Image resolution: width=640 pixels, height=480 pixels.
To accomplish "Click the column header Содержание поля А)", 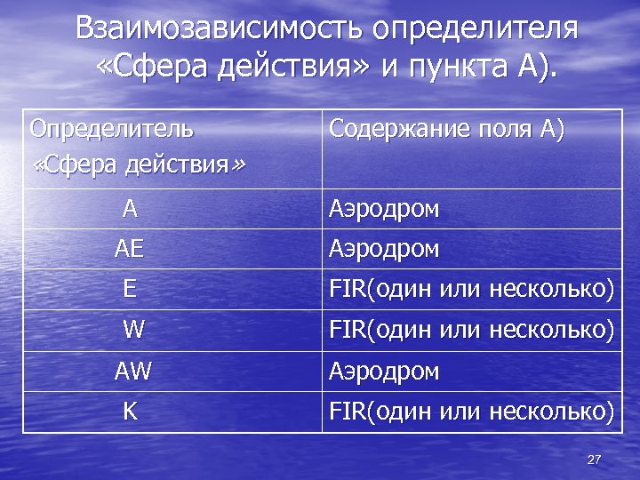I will tap(446, 129).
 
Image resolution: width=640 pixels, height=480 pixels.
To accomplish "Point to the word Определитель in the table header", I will tap(112, 129).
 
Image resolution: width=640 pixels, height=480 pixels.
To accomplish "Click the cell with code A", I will tap(130, 209).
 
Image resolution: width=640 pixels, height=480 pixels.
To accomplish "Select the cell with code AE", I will tap(129, 250).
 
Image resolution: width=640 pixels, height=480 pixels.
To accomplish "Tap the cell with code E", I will tap(130, 289).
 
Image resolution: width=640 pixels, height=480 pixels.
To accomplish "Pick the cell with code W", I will tap(133, 330).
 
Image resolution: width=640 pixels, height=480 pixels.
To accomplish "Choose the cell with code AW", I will tap(133, 371).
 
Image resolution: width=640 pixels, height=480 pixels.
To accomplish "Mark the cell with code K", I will tap(130, 411).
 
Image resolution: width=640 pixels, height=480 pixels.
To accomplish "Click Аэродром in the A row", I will tap(384, 210).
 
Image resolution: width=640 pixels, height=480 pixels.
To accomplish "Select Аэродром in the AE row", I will tap(384, 250).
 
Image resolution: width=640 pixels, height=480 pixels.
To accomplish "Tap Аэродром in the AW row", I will tap(384, 371).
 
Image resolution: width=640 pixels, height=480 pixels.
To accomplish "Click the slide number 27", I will tap(595, 460).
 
